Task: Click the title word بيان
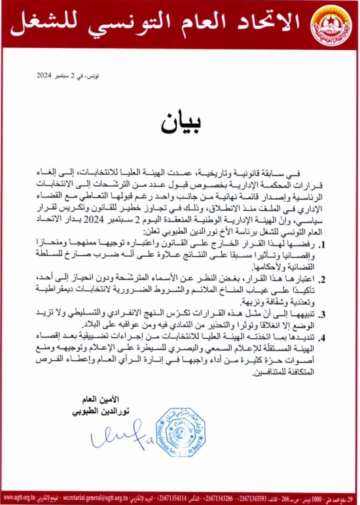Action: [x=180, y=124]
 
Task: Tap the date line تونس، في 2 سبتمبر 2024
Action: [x=60, y=77]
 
